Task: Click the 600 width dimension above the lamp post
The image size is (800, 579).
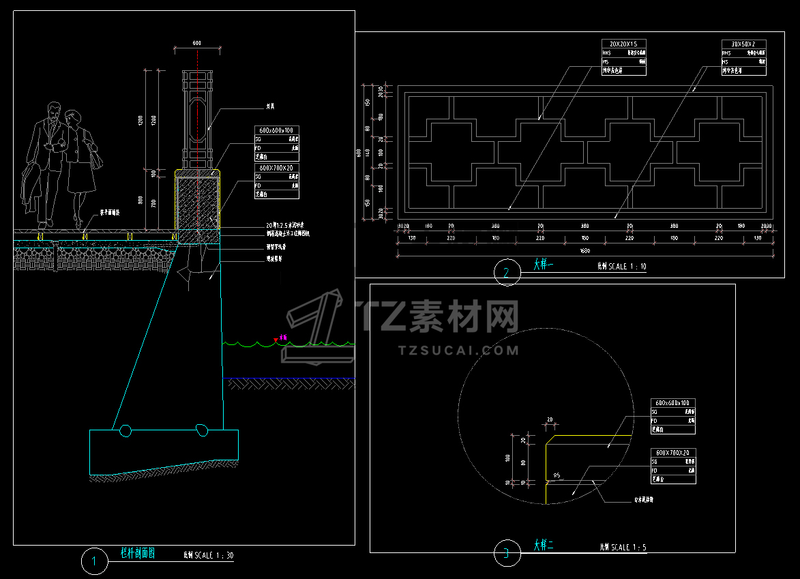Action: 197,44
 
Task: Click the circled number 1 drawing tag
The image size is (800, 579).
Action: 94,562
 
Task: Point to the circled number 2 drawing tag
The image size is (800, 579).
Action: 506,273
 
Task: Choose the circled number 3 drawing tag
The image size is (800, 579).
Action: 506,554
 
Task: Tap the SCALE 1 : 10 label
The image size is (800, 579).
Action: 627,267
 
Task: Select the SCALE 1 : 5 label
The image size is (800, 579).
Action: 629,547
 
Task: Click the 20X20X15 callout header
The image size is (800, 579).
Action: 623,44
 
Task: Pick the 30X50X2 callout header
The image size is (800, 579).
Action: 743,44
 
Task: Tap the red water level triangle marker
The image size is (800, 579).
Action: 276,338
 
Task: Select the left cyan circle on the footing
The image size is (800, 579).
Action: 125,430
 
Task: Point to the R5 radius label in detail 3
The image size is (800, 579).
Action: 557,475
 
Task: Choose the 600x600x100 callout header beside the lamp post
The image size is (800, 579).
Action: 277,130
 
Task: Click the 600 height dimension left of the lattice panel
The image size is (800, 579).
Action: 359,152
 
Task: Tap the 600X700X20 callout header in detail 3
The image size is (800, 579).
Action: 673,453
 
